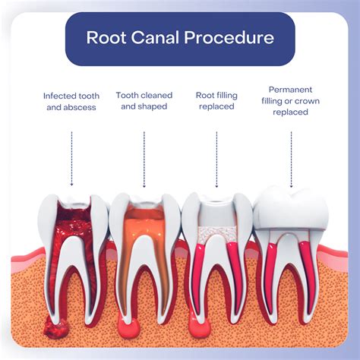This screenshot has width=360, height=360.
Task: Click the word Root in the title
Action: pyautogui.click(x=106, y=37)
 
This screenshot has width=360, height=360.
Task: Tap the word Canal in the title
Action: pyautogui.click(x=158, y=37)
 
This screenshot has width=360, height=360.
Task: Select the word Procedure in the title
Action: pyautogui.click(x=231, y=37)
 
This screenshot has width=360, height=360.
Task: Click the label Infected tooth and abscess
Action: pyautogui.click(x=71, y=102)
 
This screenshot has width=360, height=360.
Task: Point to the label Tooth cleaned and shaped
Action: pyautogui.click(x=144, y=102)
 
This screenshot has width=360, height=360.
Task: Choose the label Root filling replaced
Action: pyautogui.click(x=216, y=102)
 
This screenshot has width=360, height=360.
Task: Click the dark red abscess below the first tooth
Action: pyautogui.click(x=55, y=327)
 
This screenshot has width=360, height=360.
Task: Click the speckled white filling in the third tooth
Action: pyautogui.click(x=216, y=232)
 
